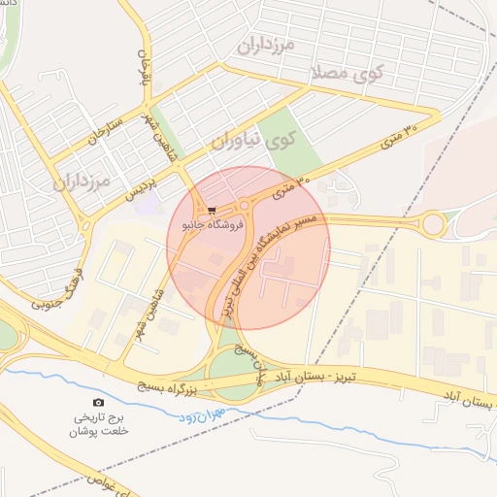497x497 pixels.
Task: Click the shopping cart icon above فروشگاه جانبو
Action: tap(212, 210)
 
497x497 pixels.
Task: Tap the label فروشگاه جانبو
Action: tap(213, 224)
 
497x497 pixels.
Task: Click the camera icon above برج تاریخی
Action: tap(97, 402)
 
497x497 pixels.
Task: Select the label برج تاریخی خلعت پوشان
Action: tap(98, 424)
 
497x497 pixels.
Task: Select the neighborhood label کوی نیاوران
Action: tap(252, 142)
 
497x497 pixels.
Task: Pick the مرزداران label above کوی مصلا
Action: tap(265, 45)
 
